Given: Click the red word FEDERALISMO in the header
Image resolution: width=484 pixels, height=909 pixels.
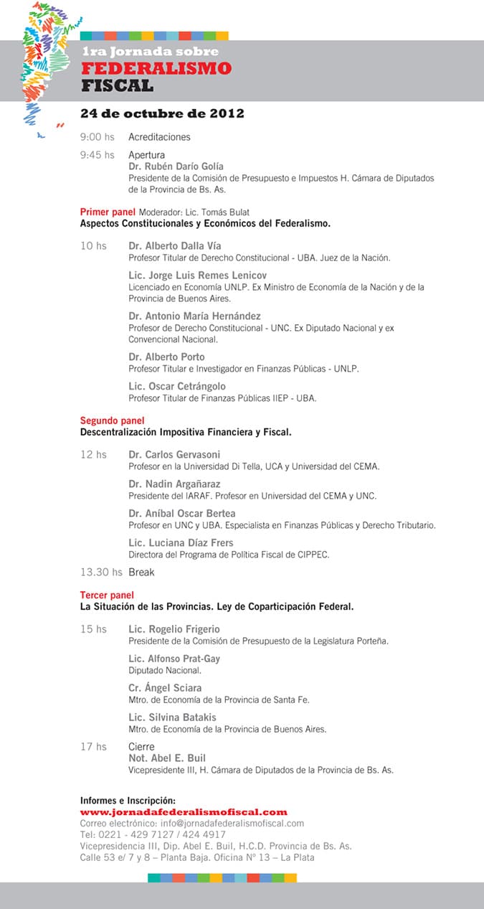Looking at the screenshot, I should [x=156, y=69].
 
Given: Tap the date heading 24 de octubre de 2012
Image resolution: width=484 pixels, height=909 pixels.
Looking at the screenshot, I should [x=162, y=113].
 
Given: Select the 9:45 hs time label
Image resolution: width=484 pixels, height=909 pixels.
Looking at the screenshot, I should [x=97, y=155].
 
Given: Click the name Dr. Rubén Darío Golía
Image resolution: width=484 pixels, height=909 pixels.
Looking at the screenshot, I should [x=176, y=166].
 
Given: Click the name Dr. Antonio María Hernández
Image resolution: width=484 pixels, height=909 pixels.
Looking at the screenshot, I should [x=194, y=316].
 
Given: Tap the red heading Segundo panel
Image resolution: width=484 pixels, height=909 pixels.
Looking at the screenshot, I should [x=112, y=420].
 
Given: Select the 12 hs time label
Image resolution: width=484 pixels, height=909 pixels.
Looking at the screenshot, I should [x=93, y=454].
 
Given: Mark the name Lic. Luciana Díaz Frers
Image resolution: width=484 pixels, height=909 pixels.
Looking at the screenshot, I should [x=180, y=543].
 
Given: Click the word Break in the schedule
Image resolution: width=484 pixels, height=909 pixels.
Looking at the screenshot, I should [x=141, y=573].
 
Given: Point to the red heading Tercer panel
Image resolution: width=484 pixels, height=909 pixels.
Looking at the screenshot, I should [x=107, y=595].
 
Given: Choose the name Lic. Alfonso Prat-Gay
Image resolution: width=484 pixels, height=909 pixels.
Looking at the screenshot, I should [x=174, y=659].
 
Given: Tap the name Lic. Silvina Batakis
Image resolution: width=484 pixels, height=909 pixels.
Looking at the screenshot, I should [x=172, y=717].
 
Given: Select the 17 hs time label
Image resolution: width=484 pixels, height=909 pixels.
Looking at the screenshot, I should [x=93, y=747].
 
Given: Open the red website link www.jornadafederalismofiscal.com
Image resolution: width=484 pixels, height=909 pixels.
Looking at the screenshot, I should [x=184, y=812].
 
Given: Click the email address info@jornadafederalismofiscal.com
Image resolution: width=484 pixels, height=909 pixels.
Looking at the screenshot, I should [x=232, y=824].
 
